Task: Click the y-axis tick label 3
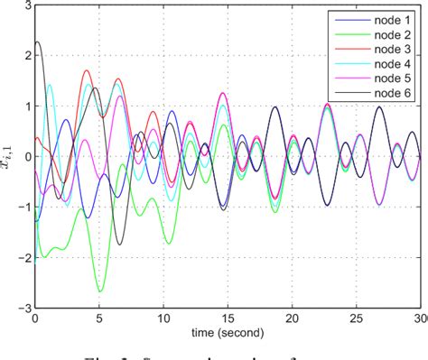(25, 5)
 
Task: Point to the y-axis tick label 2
(25, 55)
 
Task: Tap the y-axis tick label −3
(22, 308)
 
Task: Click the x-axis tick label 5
(99, 318)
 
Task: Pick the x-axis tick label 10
(163, 318)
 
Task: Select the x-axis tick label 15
(228, 318)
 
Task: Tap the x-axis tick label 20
(292, 318)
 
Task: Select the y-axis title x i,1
(10, 155)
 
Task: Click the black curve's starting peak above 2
(37, 42)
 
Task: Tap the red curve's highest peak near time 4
(87, 70)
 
